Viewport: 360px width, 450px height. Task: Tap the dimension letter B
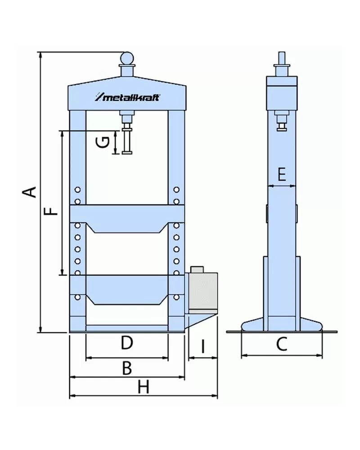(127, 368)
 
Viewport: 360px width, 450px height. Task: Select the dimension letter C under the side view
(281, 345)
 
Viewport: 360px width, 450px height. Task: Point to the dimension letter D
(127, 344)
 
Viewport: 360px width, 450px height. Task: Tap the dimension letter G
(103, 142)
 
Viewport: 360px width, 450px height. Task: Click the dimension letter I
(202, 346)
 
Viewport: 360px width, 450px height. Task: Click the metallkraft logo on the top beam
(127, 97)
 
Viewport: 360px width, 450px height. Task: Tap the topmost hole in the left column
(78, 190)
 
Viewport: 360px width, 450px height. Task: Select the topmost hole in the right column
(176, 190)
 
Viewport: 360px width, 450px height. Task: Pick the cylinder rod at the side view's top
(282, 59)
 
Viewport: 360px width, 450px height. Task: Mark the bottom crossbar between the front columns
(127, 328)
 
